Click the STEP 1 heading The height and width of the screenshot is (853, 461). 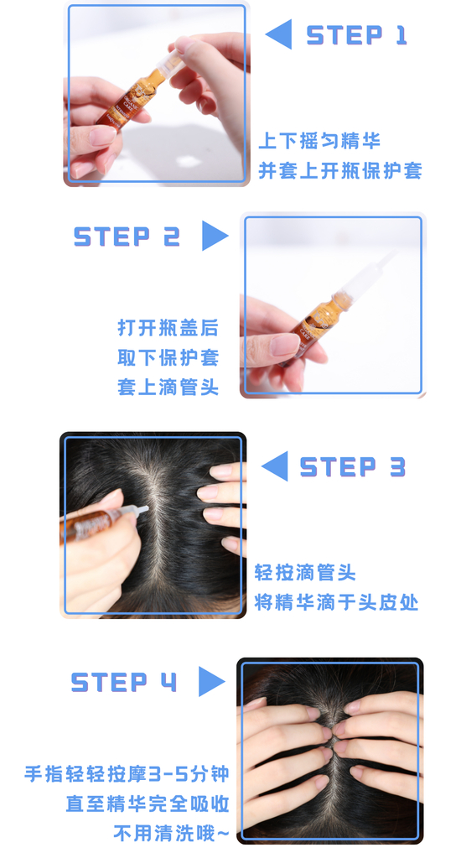pos(356,35)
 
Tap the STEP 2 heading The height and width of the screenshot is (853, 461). pos(127,236)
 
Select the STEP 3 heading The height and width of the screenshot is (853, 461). pos(352,466)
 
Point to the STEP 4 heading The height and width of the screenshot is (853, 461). pos(124,682)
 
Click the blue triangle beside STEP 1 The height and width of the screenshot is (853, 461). pos(279,34)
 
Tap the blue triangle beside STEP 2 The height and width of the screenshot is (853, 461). pos(215,236)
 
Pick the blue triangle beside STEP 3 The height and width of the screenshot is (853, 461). pos(275,466)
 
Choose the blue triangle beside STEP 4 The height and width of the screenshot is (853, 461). pos(212,681)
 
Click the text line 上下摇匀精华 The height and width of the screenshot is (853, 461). pos(319,141)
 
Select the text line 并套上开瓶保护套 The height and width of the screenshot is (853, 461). pos(340,170)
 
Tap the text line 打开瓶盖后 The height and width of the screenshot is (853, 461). pos(168,328)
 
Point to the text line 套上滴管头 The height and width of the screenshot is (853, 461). pos(168,387)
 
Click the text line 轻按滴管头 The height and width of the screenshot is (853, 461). pos(305,573)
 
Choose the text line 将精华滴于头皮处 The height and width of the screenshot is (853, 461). pos(336,602)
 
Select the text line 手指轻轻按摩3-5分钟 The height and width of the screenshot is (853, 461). pos(127,773)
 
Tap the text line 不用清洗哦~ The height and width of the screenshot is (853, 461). pos(171,832)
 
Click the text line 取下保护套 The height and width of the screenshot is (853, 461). pos(168,358)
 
